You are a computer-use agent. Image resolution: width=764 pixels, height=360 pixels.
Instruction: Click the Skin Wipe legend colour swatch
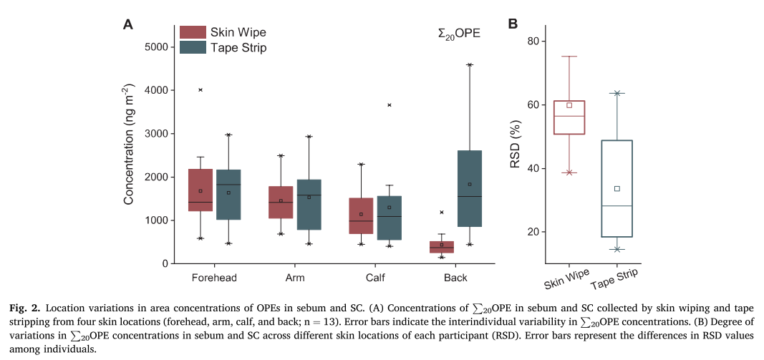pyautogui.click(x=192, y=32)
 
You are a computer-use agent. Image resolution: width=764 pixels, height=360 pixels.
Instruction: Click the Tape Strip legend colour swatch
pyautogui.click(x=192, y=47)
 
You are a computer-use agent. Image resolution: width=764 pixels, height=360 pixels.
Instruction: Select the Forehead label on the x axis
pyautogui.click(x=215, y=278)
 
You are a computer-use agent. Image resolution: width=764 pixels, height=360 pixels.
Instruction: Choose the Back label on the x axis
pyautogui.click(x=455, y=278)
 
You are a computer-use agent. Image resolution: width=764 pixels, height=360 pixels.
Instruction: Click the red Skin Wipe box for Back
pyautogui.click(x=442, y=247)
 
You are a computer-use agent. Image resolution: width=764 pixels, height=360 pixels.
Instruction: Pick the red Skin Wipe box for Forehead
pyautogui.click(x=200, y=190)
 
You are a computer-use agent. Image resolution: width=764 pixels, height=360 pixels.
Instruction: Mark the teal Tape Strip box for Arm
pyautogui.click(x=309, y=205)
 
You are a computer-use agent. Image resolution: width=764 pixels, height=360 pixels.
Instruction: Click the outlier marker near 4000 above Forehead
pyautogui.click(x=200, y=89)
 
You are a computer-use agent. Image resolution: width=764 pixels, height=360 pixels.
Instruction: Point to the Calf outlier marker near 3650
pyautogui.click(x=390, y=105)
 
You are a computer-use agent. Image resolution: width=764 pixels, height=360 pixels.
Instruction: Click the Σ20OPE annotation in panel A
pyautogui.click(x=459, y=33)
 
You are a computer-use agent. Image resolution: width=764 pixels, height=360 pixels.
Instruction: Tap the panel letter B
pyautogui.click(x=513, y=24)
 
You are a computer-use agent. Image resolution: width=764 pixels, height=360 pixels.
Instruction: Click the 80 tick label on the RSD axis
pyautogui.click(x=533, y=41)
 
